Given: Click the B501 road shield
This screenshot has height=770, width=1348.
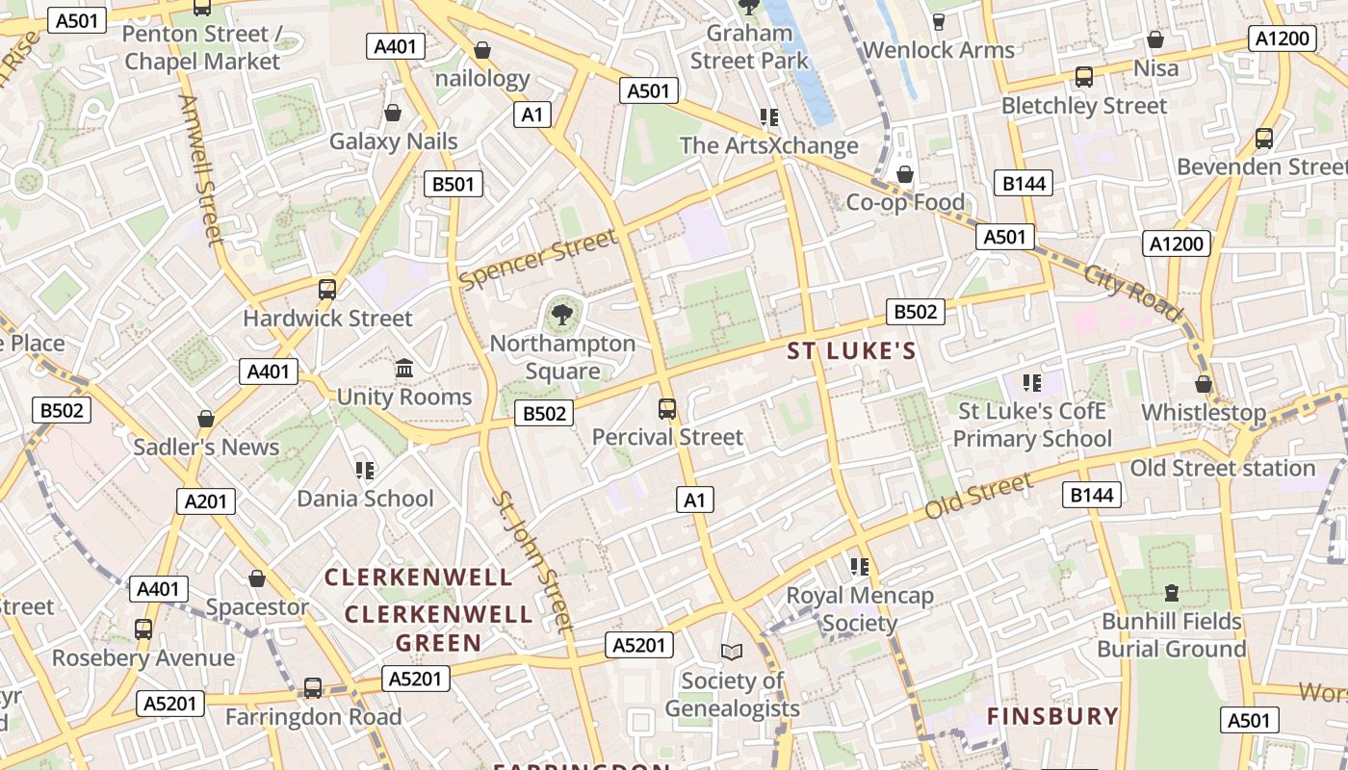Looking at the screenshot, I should tap(453, 184).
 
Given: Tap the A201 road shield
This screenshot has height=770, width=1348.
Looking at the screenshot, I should tap(206, 500).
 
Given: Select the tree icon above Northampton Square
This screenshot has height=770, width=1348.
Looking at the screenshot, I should tap(562, 313).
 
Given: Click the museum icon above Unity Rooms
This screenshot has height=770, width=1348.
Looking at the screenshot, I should tap(404, 368).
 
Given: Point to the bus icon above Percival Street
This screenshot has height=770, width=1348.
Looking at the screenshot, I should tap(667, 409).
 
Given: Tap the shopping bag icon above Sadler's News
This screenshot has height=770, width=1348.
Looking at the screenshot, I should tap(205, 419).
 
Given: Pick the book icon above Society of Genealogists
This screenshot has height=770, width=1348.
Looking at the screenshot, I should tap(732, 652).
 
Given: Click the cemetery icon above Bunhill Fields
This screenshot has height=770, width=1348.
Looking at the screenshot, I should tap(1171, 592).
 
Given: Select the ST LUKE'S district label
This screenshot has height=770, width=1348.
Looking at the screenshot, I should tap(851, 351).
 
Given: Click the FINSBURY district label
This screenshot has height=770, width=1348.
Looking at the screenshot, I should tap(1052, 716).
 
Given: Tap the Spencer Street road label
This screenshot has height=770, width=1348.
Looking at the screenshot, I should tap(538, 259).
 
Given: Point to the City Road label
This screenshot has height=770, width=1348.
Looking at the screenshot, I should tap(1132, 292).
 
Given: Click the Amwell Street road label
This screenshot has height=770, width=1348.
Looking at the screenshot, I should tap(201, 169).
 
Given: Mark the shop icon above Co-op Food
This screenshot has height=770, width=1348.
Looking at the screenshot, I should tap(904, 174).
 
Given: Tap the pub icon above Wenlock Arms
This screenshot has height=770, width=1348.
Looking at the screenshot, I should tap(939, 21).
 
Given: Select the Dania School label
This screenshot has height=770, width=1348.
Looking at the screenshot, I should tap(365, 499).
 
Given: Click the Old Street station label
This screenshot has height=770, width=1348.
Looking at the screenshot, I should tap(1222, 469).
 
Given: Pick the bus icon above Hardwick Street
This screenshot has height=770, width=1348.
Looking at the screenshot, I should tap(327, 289).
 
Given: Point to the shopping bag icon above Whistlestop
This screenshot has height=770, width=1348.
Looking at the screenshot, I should tap(1203, 384).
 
